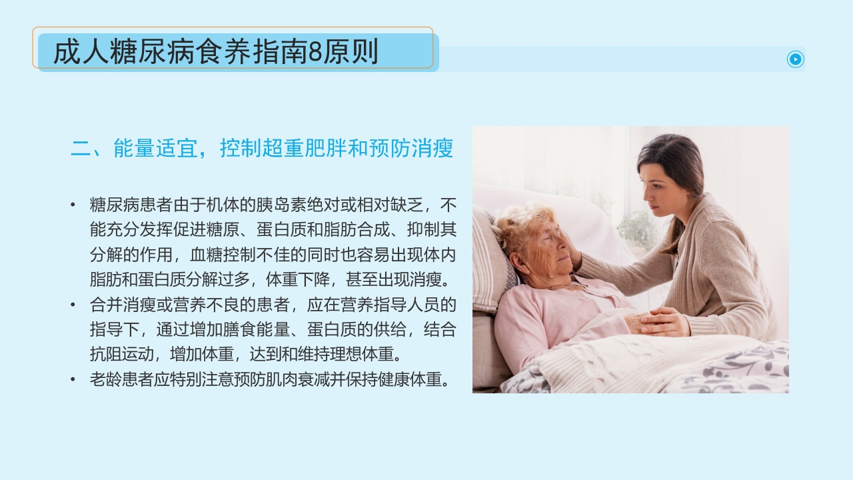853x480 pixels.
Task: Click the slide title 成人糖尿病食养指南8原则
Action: point(215,52)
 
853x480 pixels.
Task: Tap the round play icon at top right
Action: point(796,59)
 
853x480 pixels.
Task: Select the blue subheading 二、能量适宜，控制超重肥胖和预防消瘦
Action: point(262,149)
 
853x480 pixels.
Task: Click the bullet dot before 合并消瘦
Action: point(73,305)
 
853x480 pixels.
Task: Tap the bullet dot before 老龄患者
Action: point(73,379)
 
